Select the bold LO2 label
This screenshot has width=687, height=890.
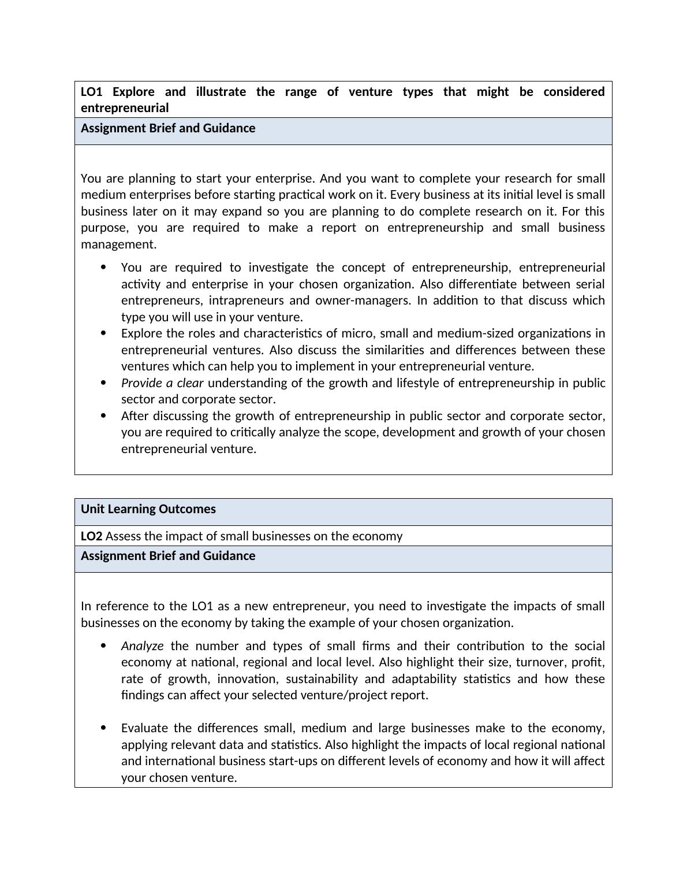point(91,536)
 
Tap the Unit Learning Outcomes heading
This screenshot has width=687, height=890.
point(148,509)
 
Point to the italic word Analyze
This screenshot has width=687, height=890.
point(142,646)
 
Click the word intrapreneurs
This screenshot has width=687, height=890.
point(246,301)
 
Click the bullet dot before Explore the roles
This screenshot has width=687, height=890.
point(103,333)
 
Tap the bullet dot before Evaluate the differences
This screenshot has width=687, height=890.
point(103,728)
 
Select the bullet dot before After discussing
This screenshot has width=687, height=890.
point(103,416)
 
